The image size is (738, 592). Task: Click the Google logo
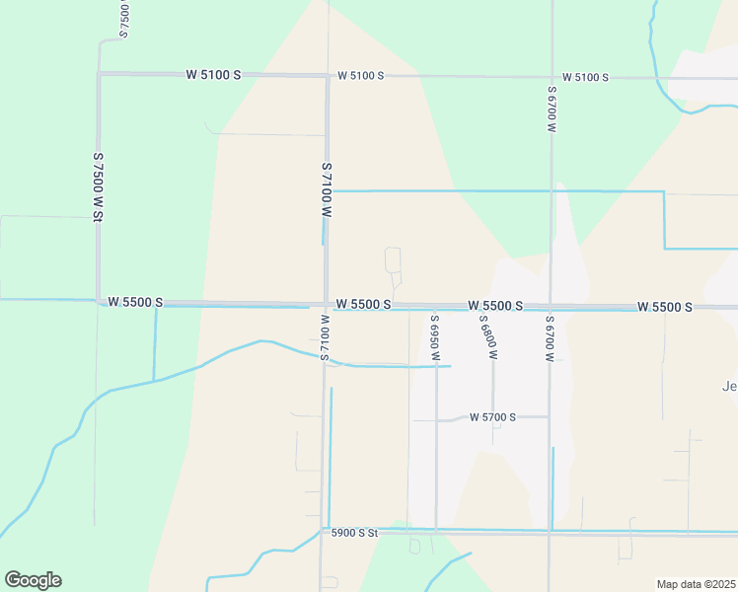point(33,580)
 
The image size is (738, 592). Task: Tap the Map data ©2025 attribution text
point(695,584)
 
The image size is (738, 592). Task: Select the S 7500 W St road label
point(99,185)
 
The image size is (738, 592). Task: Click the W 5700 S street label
point(493,417)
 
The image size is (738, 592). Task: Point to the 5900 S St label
point(355,533)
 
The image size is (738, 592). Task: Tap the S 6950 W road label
point(434,336)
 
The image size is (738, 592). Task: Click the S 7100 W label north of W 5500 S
point(327,190)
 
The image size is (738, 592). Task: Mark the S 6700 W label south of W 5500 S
point(550,337)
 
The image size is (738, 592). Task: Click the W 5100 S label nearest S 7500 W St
point(213,74)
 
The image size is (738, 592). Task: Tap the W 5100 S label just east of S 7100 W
point(360,75)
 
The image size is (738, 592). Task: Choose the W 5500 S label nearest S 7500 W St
point(135,301)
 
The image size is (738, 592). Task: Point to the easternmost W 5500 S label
point(664,307)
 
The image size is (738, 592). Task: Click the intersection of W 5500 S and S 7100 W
point(326,305)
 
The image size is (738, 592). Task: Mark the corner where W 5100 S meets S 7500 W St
point(99,73)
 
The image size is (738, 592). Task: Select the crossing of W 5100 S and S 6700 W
point(552,77)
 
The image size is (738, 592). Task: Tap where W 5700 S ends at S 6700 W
point(550,416)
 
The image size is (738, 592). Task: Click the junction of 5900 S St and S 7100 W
point(322,531)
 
